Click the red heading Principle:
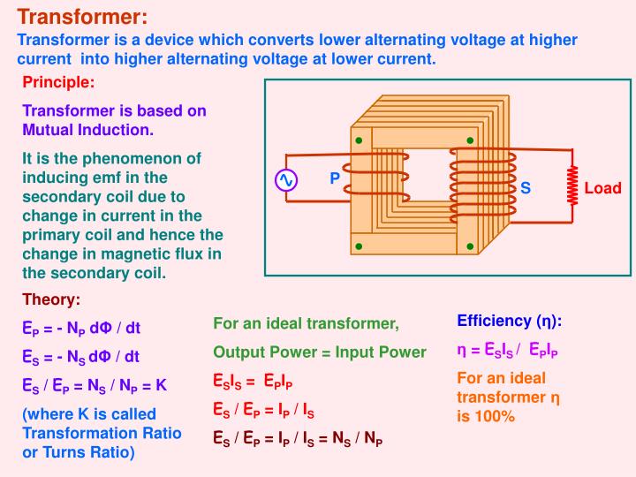click(x=58, y=83)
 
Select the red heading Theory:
click(x=51, y=299)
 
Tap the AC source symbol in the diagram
click(x=286, y=180)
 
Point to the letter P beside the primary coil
click(x=335, y=178)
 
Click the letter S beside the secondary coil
click(x=525, y=188)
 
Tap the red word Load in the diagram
click(x=602, y=188)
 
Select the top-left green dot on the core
click(x=359, y=140)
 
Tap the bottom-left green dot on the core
click(x=359, y=245)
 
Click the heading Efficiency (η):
click(x=509, y=322)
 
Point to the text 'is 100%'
click(x=485, y=415)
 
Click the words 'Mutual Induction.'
click(x=87, y=129)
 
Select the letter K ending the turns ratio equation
click(x=162, y=385)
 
